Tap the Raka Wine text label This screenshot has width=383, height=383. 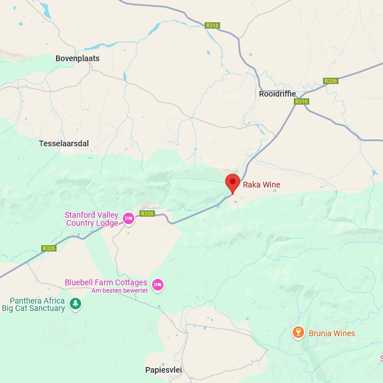click(x=262, y=185)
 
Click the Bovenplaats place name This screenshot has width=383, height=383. click(x=77, y=58)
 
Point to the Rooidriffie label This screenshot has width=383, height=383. click(x=277, y=93)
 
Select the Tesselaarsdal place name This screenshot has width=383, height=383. click(x=63, y=143)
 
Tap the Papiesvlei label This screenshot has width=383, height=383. click(x=163, y=370)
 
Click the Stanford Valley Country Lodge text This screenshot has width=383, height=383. click(x=91, y=219)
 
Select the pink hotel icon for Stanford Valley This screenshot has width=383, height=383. click(x=129, y=218)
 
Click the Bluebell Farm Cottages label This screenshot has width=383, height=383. click(x=106, y=282)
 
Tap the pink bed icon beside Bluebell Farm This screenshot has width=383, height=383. click(x=158, y=284)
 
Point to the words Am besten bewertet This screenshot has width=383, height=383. click(x=119, y=291)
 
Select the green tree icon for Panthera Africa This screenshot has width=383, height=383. click(x=75, y=304)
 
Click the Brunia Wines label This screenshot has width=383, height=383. click(x=332, y=333)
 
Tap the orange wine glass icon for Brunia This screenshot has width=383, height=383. click(x=298, y=333)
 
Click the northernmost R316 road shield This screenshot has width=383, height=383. click(x=213, y=26)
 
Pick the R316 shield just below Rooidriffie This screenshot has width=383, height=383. click(x=301, y=102)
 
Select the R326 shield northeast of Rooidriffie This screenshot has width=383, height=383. click(x=330, y=81)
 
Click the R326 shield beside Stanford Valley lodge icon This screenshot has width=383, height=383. click(x=147, y=214)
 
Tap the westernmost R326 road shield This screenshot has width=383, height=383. click(x=49, y=249)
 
